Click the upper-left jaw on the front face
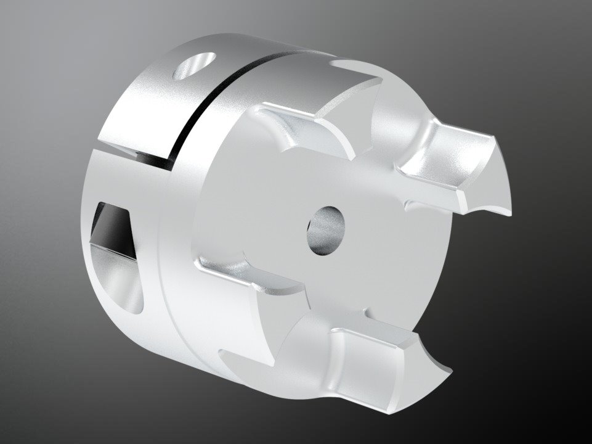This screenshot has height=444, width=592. (302, 129)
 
